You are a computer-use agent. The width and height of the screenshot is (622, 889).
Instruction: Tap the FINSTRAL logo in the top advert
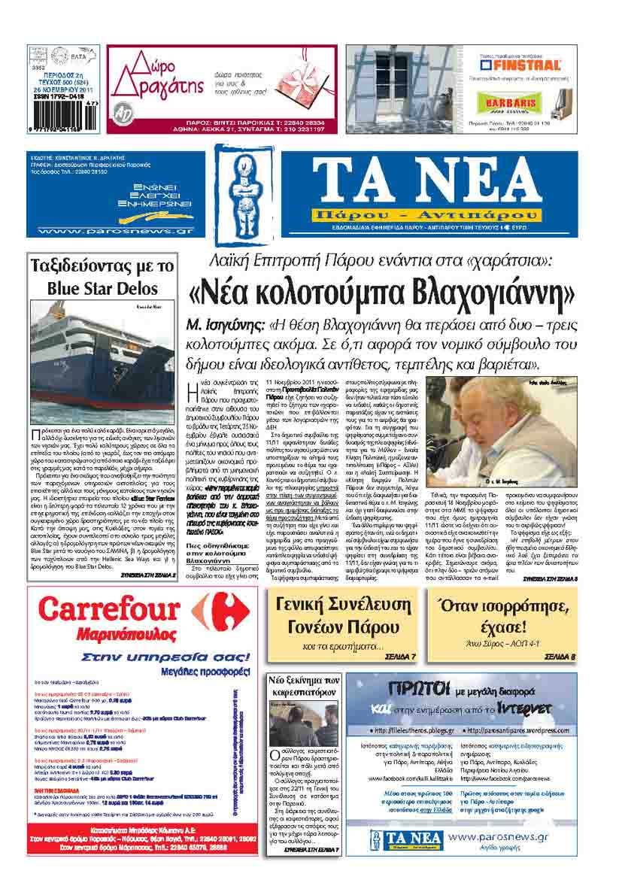[517, 65]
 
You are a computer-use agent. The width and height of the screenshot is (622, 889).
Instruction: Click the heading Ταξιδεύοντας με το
[102, 266]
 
